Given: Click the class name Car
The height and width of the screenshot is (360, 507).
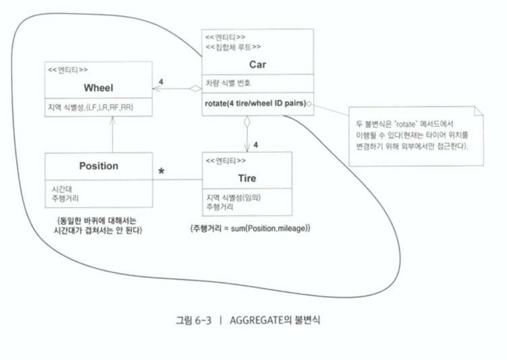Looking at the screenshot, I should (258, 65).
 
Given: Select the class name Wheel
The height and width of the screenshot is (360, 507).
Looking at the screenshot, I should (99, 88).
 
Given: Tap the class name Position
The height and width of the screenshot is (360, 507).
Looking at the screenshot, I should (98, 166).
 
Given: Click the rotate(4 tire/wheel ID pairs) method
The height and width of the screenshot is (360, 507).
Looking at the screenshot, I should (253, 103).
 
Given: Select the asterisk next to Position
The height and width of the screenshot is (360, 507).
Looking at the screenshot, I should (162, 173).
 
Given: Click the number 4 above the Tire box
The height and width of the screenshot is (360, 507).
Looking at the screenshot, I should (256, 144).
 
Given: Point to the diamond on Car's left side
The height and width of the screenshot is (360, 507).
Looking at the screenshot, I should (195, 88).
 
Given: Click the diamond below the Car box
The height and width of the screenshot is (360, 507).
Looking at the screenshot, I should (247, 123).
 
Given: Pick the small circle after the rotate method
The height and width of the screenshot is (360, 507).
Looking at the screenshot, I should (308, 103).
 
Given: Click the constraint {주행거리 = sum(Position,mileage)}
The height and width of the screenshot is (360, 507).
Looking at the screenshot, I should (250, 230).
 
